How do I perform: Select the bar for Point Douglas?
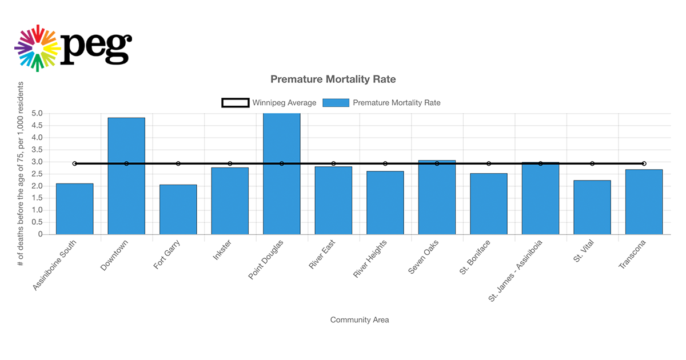coord(281,174)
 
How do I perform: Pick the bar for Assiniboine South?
coord(74,209)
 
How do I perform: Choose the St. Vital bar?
coord(592,207)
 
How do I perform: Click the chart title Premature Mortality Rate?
coord(333,79)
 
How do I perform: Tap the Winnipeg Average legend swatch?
coord(236,103)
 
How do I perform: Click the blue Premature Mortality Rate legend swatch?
coord(336,103)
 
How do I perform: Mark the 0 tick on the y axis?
coord(40,234)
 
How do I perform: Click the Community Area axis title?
coord(359,320)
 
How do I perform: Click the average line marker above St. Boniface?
coord(489,164)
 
